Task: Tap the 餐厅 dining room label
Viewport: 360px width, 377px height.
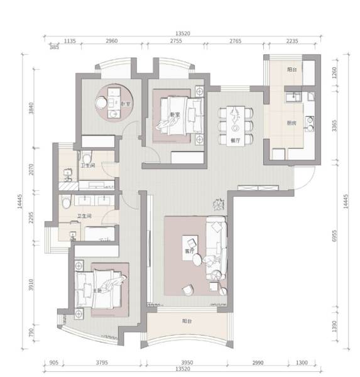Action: [x=236, y=141]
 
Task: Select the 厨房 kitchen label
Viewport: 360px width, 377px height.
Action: [x=292, y=123]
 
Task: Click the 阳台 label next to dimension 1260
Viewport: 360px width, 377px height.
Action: [x=292, y=69]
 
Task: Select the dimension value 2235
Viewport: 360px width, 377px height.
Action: [x=293, y=41]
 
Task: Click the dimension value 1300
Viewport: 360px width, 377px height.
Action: [x=302, y=363]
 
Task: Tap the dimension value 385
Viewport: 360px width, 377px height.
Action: [x=54, y=47]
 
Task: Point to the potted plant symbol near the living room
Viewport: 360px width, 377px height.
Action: [x=218, y=204]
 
